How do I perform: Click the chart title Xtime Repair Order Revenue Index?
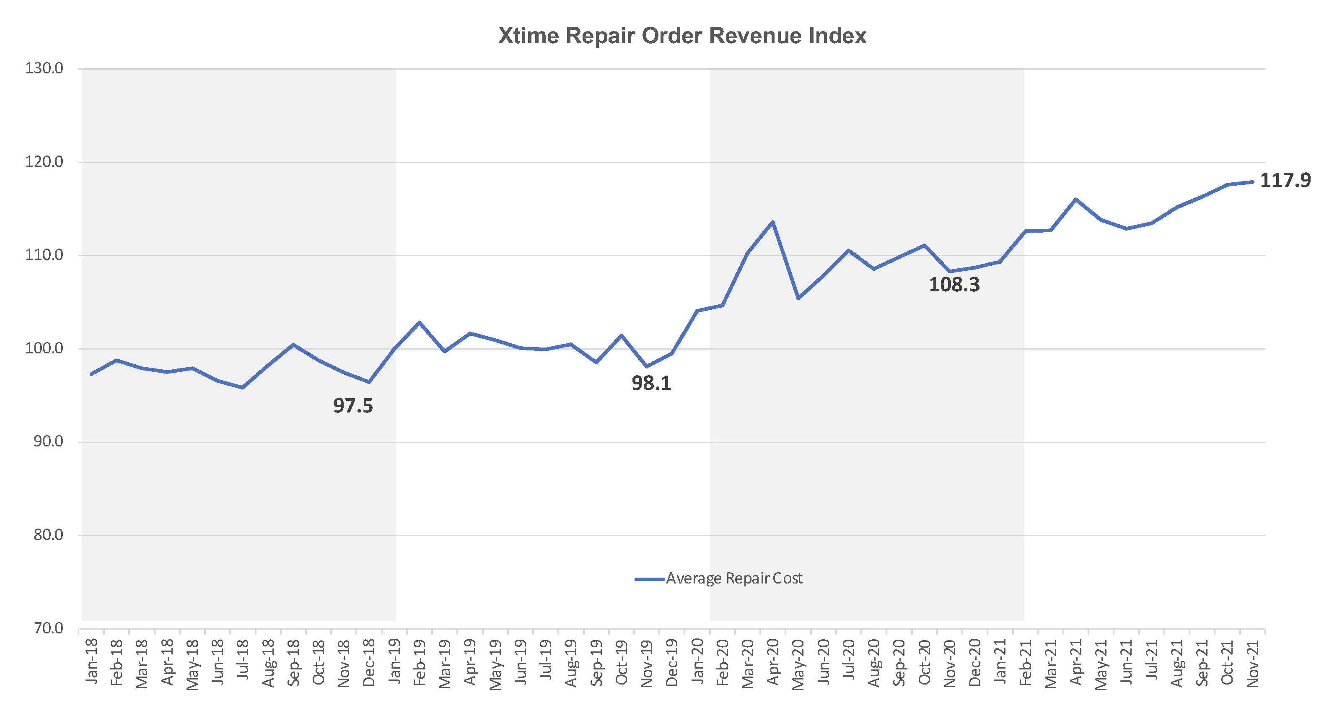(x=682, y=36)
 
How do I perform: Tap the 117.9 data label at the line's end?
(x=1285, y=181)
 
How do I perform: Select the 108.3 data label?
(x=954, y=285)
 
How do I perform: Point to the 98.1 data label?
(x=651, y=384)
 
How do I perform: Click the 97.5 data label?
(x=353, y=406)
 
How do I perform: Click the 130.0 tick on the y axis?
(x=44, y=68)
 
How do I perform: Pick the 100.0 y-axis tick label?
(x=44, y=348)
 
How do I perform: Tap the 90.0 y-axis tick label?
(x=48, y=442)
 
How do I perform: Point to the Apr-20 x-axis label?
(x=773, y=662)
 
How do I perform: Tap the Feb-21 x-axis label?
(x=1026, y=662)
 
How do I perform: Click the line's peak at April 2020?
(x=773, y=222)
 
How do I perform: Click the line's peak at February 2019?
(x=420, y=322)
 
